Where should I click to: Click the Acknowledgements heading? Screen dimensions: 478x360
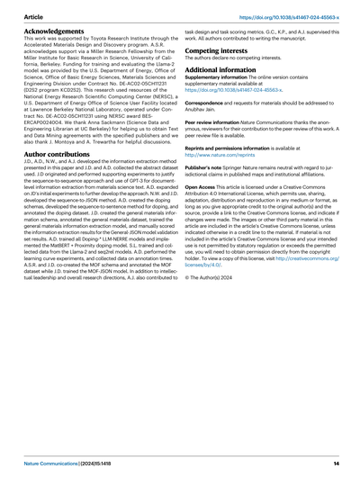click(56, 29)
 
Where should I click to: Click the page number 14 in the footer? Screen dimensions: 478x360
click(335, 462)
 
